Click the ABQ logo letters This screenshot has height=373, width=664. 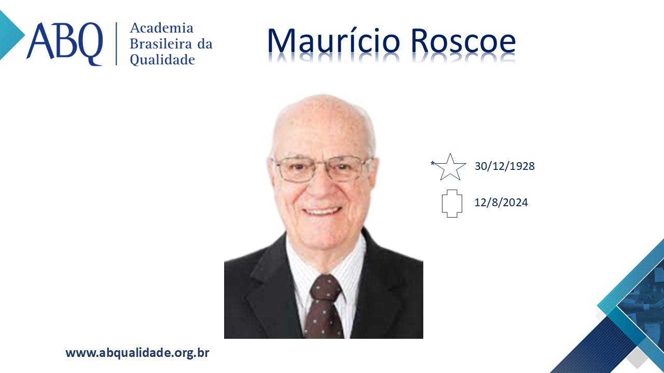65,44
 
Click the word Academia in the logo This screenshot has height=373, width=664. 161,28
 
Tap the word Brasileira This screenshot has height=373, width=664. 161,44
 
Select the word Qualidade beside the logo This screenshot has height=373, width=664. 162,60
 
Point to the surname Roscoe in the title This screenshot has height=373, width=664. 463,41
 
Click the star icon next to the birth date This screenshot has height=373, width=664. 450,167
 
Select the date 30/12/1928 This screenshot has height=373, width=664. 505,166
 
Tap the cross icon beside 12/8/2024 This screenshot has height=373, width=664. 452,204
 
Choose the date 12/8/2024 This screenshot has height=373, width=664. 501,203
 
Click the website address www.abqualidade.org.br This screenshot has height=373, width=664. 137,353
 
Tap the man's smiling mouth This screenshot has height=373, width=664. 322,211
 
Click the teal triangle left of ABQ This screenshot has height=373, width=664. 11,35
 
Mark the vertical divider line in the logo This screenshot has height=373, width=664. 116,44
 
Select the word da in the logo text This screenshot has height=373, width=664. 205,44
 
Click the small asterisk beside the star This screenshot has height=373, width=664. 433,163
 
